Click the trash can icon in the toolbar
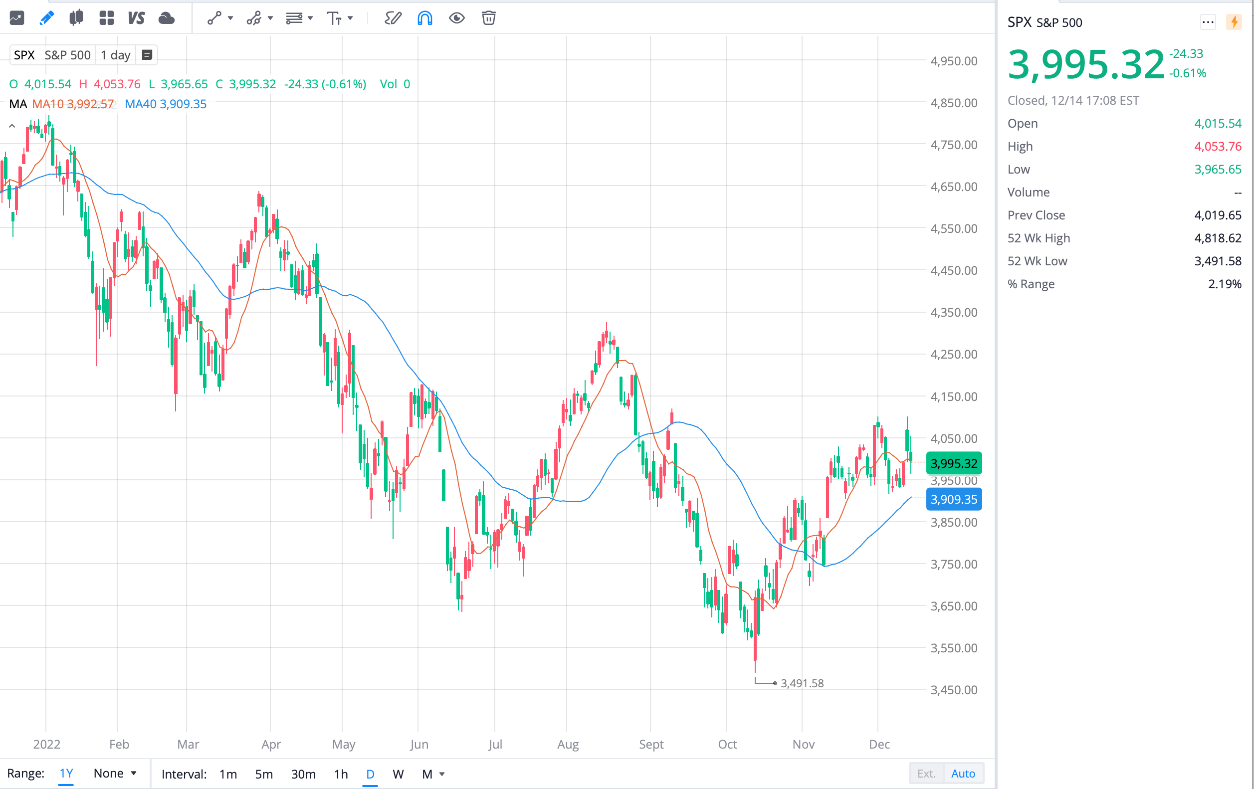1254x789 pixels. (x=488, y=18)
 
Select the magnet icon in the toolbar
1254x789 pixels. (x=424, y=18)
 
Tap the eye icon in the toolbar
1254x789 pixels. (x=456, y=18)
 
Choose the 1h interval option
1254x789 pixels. (x=341, y=774)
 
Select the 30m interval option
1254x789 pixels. (x=303, y=774)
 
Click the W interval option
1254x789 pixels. (x=398, y=774)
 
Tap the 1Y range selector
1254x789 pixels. (x=66, y=774)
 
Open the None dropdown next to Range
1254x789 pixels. (x=115, y=774)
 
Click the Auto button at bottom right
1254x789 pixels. (x=963, y=774)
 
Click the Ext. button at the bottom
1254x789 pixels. (x=926, y=774)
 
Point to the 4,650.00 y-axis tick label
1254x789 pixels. (x=954, y=187)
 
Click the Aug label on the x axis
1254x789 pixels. (x=568, y=744)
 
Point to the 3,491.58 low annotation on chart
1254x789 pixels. (x=802, y=683)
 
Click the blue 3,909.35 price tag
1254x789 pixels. (x=954, y=499)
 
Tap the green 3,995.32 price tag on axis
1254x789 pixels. (x=954, y=463)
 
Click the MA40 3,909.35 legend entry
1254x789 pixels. (x=166, y=104)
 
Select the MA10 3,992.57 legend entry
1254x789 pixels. (x=73, y=104)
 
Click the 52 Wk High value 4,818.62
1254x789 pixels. (x=1218, y=238)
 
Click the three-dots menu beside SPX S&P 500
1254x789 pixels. (x=1208, y=22)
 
